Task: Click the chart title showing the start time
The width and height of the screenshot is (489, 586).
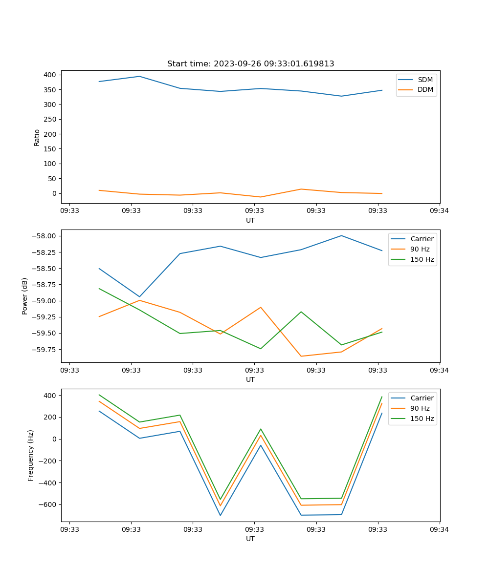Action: coord(250,64)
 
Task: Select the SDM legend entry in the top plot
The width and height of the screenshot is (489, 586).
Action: coord(425,80)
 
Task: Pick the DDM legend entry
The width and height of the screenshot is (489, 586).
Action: coord(425,89)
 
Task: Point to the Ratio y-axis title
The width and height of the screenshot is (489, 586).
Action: coord(37,137)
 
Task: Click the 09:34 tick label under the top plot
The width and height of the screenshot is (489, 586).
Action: coord(440,211)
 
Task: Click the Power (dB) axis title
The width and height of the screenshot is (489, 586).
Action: coord(25,296)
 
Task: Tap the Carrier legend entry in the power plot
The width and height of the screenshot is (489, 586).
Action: coord(422,239)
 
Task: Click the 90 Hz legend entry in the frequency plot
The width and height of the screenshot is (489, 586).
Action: coord(420,408)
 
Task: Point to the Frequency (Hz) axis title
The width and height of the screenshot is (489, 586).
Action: coord(31,455)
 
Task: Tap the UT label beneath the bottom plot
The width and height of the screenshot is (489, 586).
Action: coord(250,539)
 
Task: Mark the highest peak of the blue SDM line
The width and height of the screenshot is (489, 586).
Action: coord(139,76)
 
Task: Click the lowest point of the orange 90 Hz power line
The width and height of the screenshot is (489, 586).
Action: coord(301,356)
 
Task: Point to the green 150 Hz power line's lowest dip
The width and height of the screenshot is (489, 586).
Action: coord(261,349)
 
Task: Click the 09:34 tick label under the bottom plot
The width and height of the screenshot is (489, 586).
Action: coord(440,529)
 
